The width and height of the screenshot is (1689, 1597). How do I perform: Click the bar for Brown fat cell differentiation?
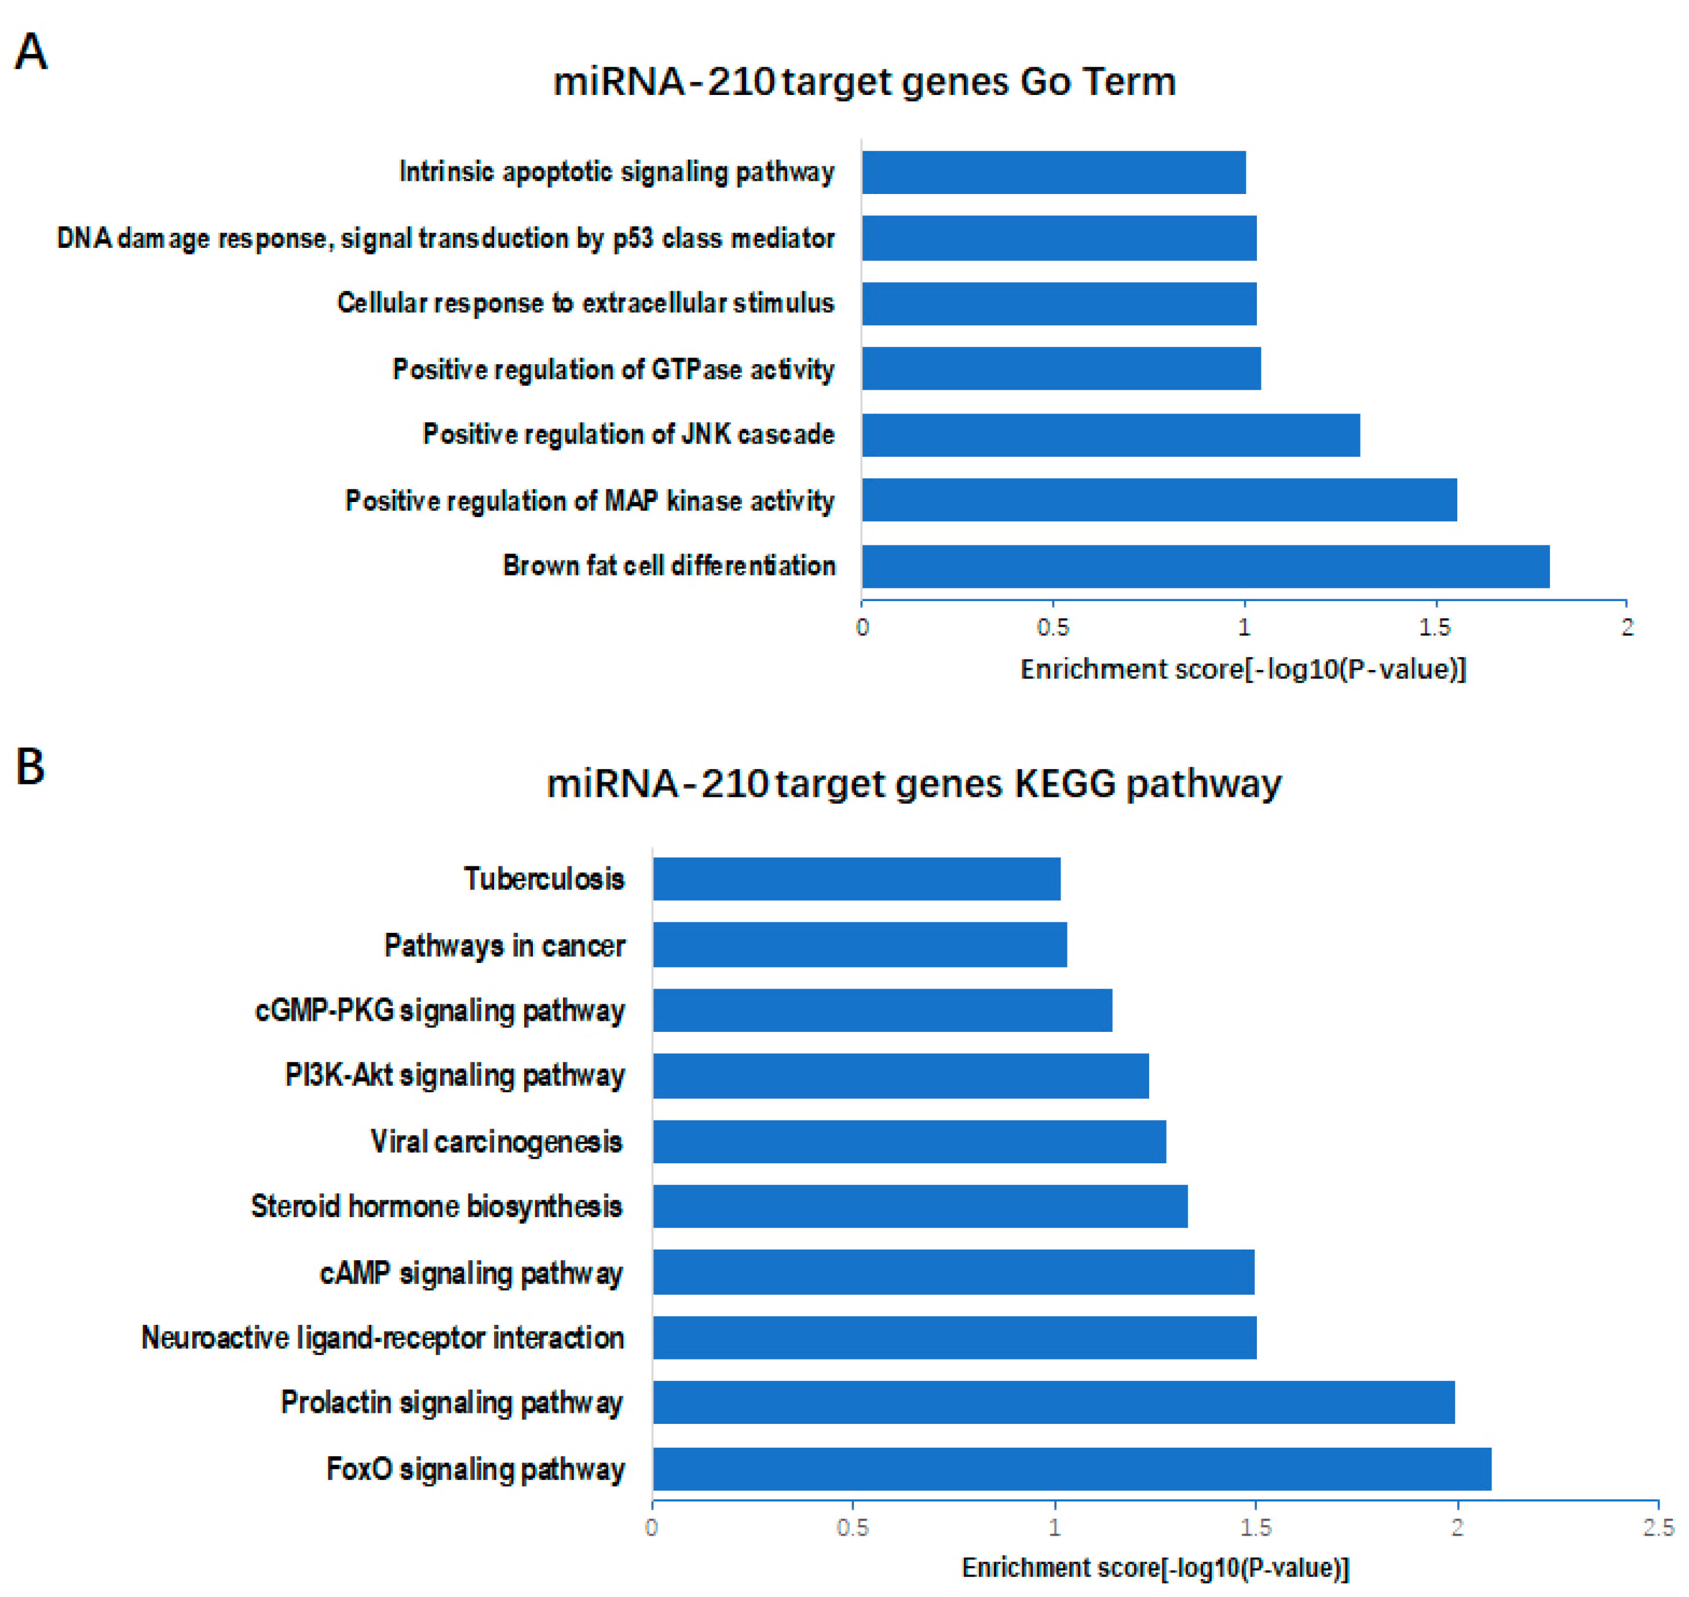(x=1205, y=567)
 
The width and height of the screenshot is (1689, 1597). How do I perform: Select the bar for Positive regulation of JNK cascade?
(x=1110, y=435)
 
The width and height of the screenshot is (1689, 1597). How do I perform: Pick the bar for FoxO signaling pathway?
(x=1071, y=1469)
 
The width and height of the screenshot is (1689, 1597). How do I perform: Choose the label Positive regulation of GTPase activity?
(x=613, y=369)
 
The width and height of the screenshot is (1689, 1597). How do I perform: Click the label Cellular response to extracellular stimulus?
(x=585, y=303)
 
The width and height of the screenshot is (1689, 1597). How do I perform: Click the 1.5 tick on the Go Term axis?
(x=1435, y=628)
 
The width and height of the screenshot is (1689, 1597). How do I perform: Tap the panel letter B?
(x=30, y=766)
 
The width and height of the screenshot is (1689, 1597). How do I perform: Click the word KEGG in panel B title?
(x=1064, y=783)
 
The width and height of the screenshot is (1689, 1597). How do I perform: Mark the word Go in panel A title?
(x=1044, y=82)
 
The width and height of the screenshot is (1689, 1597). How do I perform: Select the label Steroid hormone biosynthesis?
(x=436, y=1207)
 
